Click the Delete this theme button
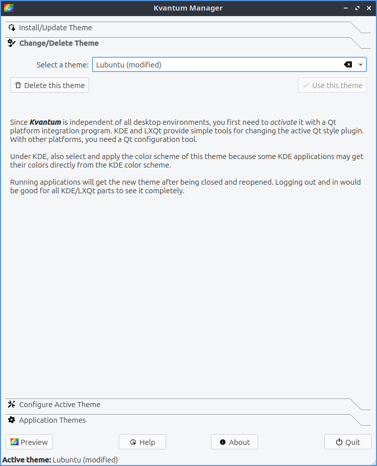pos(49,86)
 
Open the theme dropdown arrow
pos(361,65)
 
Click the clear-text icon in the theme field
pos(348,65)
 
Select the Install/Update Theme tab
pos(55,28)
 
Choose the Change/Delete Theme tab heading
pos(59,43)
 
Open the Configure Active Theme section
pos(59,405)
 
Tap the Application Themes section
pos(52,420)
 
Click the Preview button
pos(29,442)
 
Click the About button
pos(235,442)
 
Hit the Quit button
pos(348,442)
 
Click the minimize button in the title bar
pos(346,8)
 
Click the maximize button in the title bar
pos(357,8)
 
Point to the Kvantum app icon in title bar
pos(9,8)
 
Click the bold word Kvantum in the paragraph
pos(45,122)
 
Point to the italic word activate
pos(283,122)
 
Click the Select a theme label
pos(62,65)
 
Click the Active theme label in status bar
pos(27,460)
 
